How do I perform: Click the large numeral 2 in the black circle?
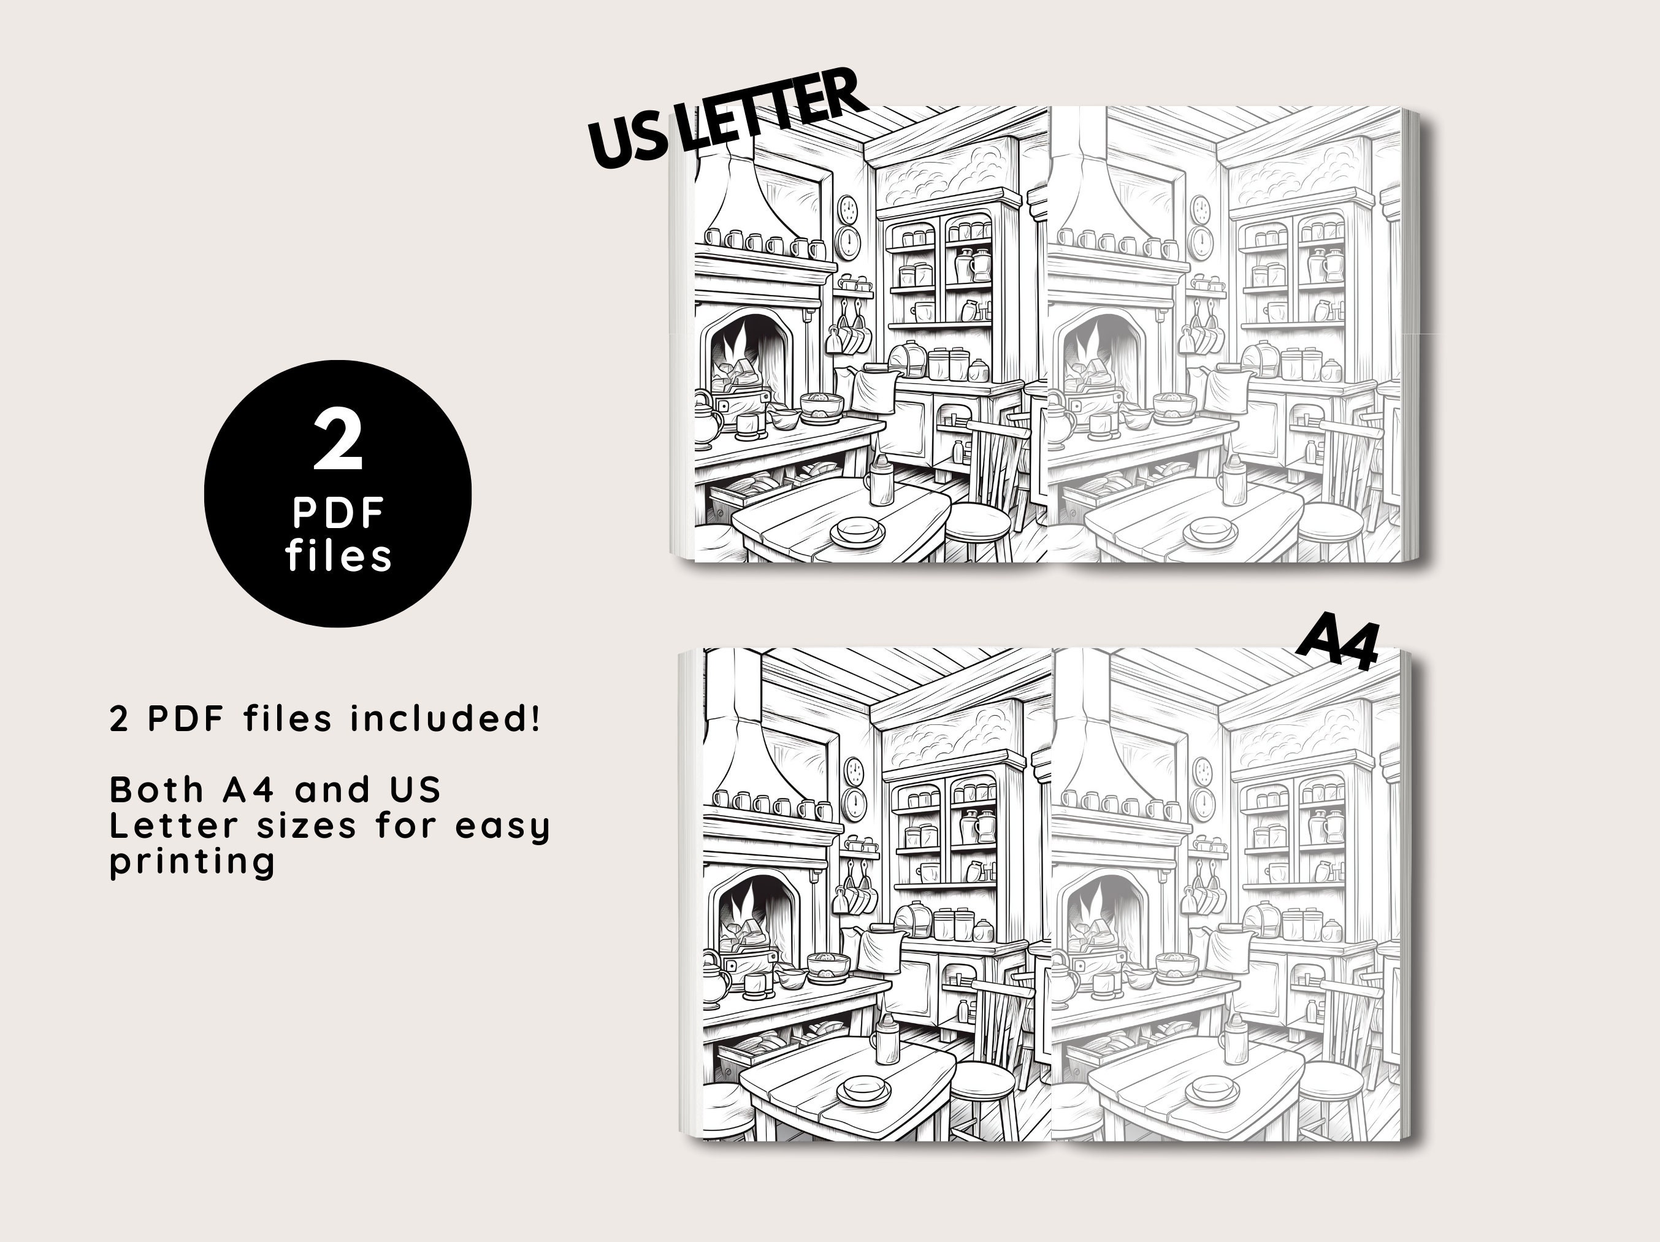click(339, 443)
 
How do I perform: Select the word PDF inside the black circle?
click(339, 514)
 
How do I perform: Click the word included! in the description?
click(445, 719)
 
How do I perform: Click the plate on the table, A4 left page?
click(864, 1087)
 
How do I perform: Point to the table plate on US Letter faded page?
click(1210, 531)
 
